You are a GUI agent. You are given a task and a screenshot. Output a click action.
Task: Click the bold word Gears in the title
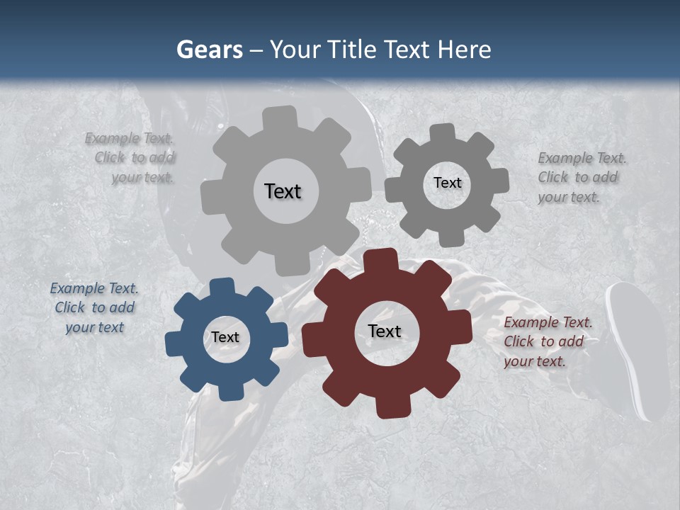[210, 50]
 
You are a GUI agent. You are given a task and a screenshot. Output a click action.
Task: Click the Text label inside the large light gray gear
[283, 191]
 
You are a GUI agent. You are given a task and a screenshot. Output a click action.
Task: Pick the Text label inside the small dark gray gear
[447, 183]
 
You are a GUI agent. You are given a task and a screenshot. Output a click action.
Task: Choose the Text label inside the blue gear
[225, 337]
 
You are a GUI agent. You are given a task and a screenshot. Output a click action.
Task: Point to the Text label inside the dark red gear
[385, 331]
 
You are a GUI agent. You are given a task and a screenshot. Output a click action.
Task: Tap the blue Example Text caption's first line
[94, 288]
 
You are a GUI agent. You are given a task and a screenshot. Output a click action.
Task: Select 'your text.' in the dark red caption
[535, 361]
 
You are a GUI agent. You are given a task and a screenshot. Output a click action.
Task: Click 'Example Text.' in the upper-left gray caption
[129, 138]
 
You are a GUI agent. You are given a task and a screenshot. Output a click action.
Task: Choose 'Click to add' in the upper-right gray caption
[577, 177]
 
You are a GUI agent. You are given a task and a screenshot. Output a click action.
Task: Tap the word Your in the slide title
[297, 50]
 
